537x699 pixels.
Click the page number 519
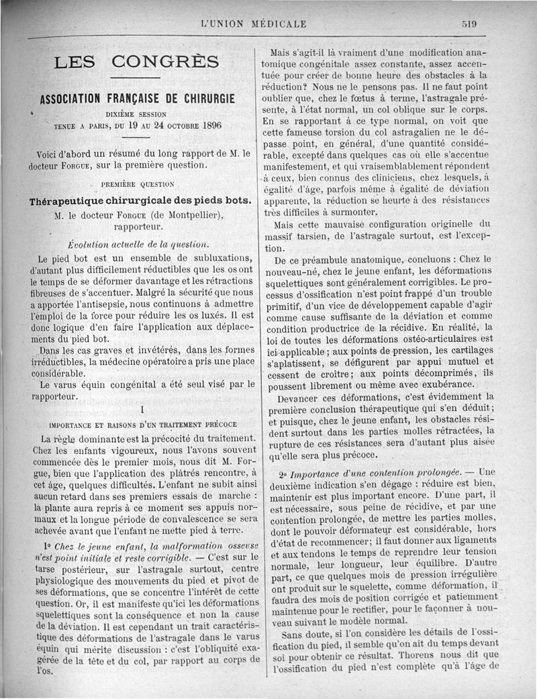pyautogui.click(x=469, y=23)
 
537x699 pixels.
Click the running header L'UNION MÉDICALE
pyautogui.click(x=253, y=23)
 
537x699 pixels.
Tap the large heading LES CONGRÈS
pyautogui.click(x=136, y=62)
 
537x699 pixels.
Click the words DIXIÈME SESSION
pyautogui.click(x=136, y=114)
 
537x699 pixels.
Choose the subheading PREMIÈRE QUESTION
pyautogui.click(x=137, y=183)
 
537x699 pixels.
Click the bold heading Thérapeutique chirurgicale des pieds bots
pyautogui.click(x=140, y=201)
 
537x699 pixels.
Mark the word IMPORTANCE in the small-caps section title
pyautogui.click(x=73, y=424)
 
